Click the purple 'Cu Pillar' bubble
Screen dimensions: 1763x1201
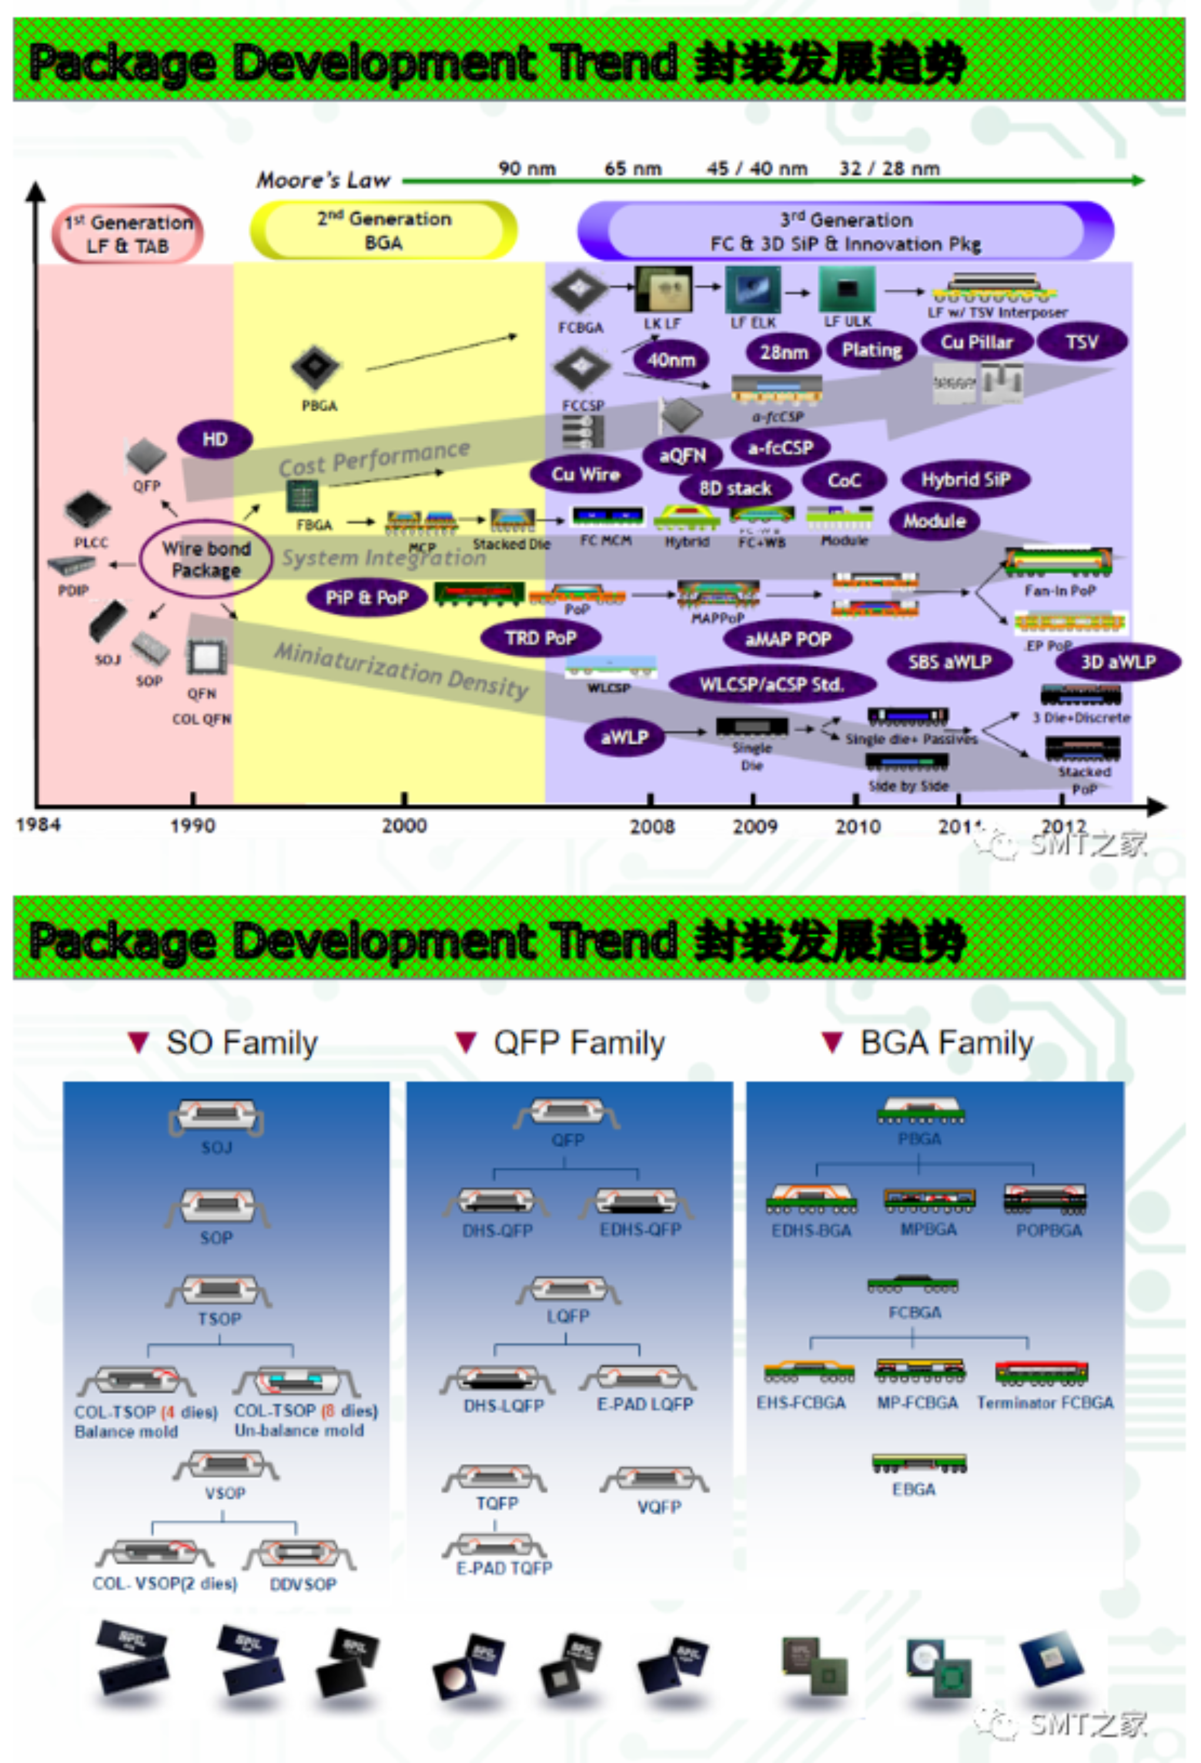(x=976, y=342)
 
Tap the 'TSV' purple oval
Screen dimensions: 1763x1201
(x=1081, y=342)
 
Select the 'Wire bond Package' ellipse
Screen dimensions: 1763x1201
(x=206, y=559)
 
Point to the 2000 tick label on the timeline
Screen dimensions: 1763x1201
(x=404, y=825)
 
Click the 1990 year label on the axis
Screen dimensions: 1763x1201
(x=192, y=825)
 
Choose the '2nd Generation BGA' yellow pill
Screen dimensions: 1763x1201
(x=384, y=230)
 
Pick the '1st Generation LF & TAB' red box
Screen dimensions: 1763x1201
(x=128, y=234)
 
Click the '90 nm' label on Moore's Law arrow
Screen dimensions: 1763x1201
(x=527, y=169)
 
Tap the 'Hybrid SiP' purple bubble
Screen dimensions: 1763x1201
(x=965, y=480)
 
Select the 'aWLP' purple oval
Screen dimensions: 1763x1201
(x=624, y=736)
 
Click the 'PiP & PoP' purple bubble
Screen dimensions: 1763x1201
(x=366, y=598)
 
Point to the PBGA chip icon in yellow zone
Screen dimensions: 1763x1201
(x=316, y=368)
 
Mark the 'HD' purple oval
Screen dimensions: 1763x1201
(x=215, y=439)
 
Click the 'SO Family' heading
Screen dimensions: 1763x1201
(x=241, y=1043)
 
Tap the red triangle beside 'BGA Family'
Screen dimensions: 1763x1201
(x=832, y=1043)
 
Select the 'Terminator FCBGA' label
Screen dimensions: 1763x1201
(x=1045, y=1403)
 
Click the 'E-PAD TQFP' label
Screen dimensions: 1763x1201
(x=504, y=1568)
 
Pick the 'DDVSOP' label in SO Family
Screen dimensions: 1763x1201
(x=303, y=1584)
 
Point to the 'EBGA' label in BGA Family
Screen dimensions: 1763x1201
(x=914, y=1489)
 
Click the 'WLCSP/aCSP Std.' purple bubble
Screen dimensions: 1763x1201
(x=772, y=684)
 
